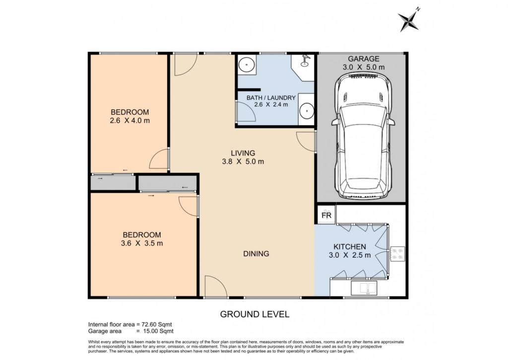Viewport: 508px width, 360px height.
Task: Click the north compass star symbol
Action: pos(409,20)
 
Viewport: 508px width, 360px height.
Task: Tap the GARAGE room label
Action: pos(364,59)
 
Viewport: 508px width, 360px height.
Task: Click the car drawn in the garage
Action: pos(363,136)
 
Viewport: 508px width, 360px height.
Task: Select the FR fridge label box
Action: pos(326,215)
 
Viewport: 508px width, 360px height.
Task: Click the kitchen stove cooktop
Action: pos(397,254)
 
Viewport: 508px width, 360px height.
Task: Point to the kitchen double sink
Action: pos(364,288)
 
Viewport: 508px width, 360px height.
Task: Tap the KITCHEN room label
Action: pos(350,247)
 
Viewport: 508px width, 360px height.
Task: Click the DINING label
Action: pos(256,254)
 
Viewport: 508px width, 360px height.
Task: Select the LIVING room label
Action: pos(243,153)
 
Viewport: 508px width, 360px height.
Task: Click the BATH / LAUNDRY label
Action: pos(271,98)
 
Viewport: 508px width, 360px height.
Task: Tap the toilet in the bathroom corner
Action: pos(305,61)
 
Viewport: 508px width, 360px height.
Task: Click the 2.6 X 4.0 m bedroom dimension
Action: pos(129,121)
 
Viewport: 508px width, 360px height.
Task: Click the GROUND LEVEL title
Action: pos(254,314)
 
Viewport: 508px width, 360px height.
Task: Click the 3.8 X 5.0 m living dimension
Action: pos(243,161)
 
